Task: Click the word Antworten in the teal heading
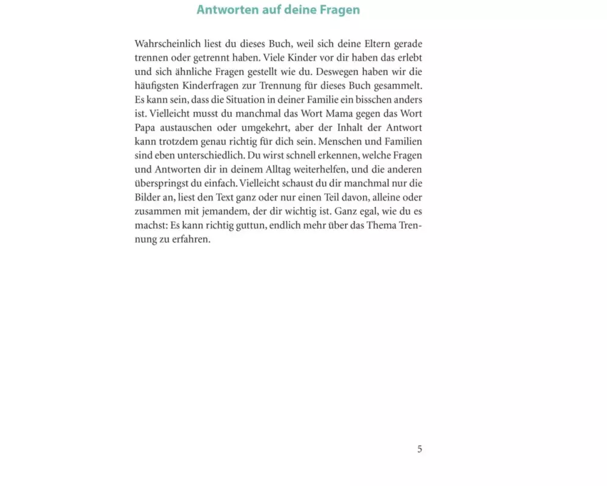click(x=225, y=10)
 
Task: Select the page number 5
click(x=419, y=450)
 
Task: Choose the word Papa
click(x=145, y=128)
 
